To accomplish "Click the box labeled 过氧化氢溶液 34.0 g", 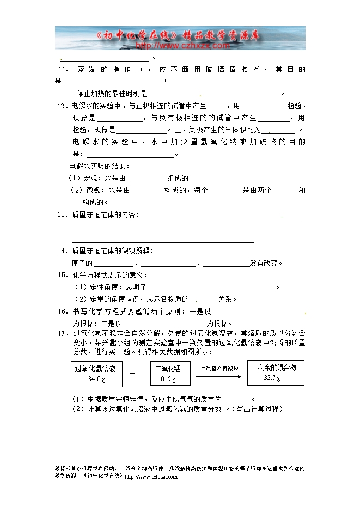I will click(96, 373).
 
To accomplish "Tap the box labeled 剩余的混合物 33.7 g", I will click(273, 373).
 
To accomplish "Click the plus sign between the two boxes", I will click(132, 374).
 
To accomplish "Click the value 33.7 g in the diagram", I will click(272, 378).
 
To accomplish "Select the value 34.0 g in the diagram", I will click(96, 379).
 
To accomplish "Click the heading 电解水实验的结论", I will click(99, 166).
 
